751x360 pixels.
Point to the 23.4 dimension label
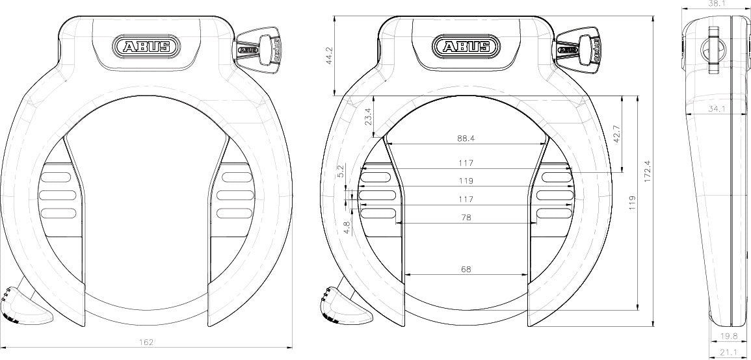[369, 116]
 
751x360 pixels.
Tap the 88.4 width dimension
[465, 138]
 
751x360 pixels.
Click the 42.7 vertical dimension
[617, 133]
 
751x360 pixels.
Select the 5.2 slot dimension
[340, 171]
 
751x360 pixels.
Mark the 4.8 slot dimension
[347, 227]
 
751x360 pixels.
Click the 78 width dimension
[465, 217]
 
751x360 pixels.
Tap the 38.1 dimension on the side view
[715, 3]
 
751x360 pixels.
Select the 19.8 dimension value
[729, 337]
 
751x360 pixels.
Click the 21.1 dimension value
[729, 352]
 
